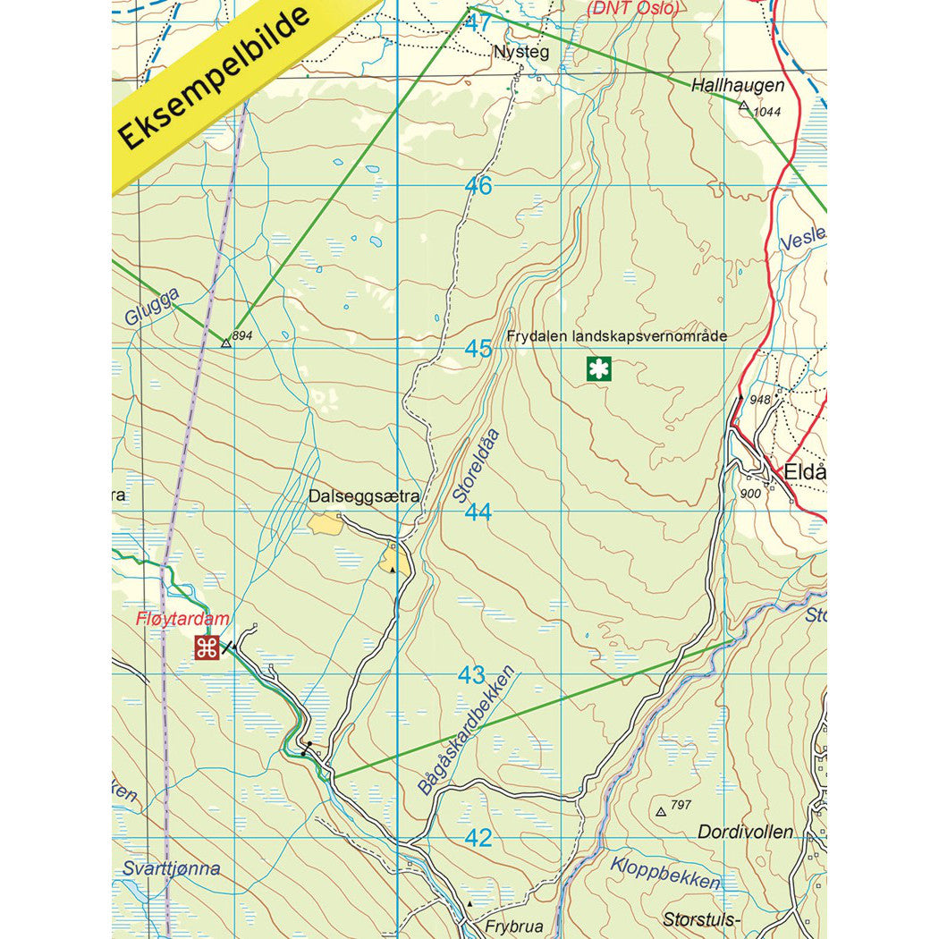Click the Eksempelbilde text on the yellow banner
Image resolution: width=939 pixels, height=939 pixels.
click(216, 78)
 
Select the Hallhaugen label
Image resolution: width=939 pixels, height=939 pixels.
click(738, 86)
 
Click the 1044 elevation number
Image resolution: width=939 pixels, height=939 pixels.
click(767, 112)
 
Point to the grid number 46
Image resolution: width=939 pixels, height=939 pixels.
click(478, 186)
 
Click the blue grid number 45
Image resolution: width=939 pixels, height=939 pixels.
click(478, 349)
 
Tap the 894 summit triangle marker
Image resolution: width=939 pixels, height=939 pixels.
click(226, 343)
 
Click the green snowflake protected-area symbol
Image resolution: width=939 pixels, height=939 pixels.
click(598, 368)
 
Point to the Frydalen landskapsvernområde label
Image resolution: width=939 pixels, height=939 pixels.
click(616, 336)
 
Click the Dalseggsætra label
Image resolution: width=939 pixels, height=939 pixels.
click(364, 495)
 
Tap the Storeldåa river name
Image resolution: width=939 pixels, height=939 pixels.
click(475, 465)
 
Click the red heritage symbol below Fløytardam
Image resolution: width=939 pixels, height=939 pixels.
click(207, 647)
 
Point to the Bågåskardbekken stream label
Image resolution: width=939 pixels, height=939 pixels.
click(468, 731)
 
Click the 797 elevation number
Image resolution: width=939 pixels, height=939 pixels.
click(681, 806)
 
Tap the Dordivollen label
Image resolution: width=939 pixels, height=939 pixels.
click(745, 832)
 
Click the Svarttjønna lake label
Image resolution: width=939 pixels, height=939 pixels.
click(171, 868)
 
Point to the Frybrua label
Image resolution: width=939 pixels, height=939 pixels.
click(513, 927)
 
